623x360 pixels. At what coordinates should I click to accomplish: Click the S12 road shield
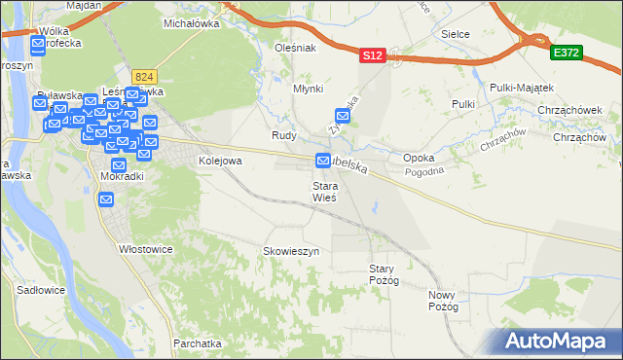pyautogui.click(x=372, y=57)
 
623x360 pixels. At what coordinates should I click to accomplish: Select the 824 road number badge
pyautogui.click(x=146, y=76)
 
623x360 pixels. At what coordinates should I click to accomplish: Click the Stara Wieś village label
pyautogui.click(x=324, y=192)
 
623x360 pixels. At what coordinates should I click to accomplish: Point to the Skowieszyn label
pyautogui.click(x=291, y=251)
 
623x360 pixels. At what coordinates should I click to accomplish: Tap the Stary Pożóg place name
pyautogui.click(x=384, y=274)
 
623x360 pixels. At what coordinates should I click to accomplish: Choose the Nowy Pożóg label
pyautogui.click(x=443, y=300)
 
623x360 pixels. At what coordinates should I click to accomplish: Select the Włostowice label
pyautogui.click(x=145, y=249)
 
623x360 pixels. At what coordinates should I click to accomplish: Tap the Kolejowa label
pyautogui.click(x=219, y=161)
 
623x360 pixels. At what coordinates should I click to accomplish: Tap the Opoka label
pyautogui.click(x=419, y=158)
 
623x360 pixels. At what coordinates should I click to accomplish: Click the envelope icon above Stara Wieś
pyautogui.click(x=323, y=161)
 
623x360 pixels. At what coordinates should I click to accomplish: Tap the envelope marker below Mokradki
pyautogui.click(x=107, y=198)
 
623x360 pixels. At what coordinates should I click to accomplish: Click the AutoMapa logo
pyautogui.click(x=560, y=341)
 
